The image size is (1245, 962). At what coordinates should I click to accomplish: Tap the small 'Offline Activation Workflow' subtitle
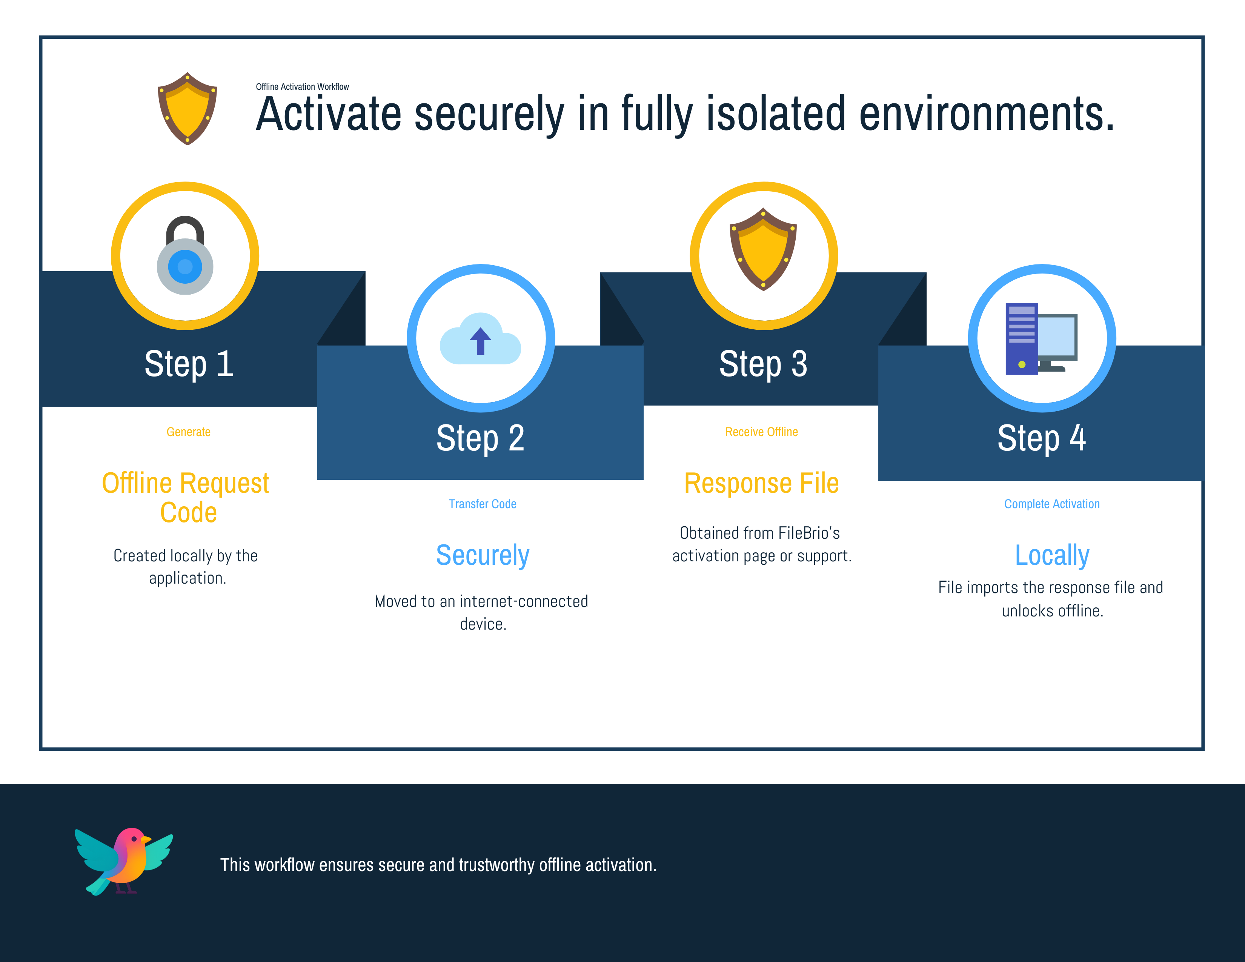[302, 87]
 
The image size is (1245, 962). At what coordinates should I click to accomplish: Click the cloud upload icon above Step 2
[481, 338]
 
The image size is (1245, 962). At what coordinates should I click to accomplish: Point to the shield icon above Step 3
[763, 249]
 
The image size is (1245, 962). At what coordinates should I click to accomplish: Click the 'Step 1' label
[189, 364]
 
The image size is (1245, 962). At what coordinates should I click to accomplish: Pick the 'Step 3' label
[763, 364]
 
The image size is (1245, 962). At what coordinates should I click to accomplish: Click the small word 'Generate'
[189, 432]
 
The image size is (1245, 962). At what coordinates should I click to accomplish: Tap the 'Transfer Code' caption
[482, 504]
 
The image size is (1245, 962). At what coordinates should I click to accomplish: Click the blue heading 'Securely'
[482, 555]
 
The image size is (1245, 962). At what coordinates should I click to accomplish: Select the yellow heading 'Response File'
[762, 483]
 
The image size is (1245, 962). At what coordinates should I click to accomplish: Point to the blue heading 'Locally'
[1052, 555]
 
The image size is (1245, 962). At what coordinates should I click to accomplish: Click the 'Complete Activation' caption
[1052, 504]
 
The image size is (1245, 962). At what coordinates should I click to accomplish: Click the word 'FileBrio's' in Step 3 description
[809, 533]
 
